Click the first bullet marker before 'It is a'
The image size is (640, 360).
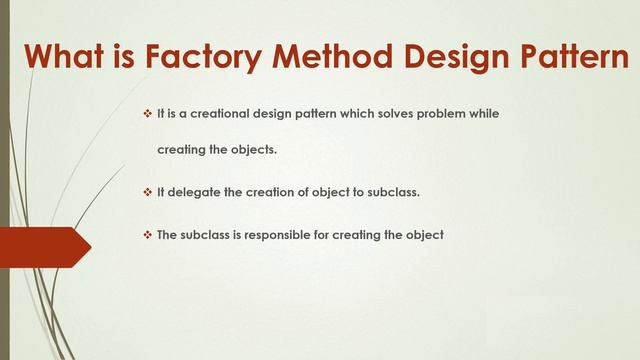pos(147,114)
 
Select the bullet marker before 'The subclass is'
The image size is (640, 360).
pos(147,236)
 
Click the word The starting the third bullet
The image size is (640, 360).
pos(168,236)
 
